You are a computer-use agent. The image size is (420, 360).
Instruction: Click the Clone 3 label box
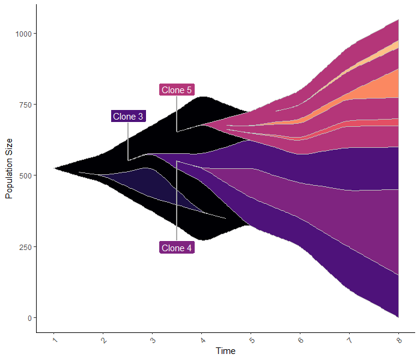tap(128, 117)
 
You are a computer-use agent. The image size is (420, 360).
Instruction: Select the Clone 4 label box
tap(177, 248)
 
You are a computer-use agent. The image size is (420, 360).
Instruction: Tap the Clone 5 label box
tap(177, 90)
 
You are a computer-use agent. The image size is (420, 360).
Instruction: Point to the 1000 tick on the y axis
tap(24, 34)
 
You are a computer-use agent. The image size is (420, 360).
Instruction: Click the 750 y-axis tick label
tap(26, 105)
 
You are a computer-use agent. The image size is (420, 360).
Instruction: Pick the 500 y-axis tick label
tap(26, 175)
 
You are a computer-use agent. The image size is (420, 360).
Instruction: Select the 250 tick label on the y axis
tap(26, 247)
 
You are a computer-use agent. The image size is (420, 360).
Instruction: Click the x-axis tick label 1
tap(55, 340)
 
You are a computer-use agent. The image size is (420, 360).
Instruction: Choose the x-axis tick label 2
tap(104, 340)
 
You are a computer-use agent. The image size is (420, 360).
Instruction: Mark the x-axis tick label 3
tap(153, 340)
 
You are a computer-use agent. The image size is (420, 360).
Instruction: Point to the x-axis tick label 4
tap(202, 340)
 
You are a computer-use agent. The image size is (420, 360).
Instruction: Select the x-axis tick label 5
tap(251, 340)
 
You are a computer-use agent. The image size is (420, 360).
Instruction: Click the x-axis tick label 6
tap(300, 340)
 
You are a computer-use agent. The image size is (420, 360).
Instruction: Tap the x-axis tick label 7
tap(350, 340)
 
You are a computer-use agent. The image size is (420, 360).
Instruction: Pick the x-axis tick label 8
tap(399, 340)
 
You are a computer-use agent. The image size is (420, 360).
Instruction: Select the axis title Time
tap(226, 351)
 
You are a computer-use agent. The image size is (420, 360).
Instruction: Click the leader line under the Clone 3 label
tap(128, 141)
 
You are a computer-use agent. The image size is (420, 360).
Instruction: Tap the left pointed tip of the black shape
tap(55, 168)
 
